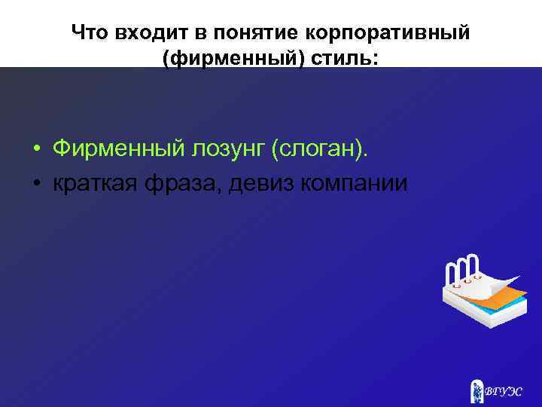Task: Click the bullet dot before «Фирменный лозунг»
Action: click(x=36, y=150)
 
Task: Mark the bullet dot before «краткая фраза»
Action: click(x=36, y=184)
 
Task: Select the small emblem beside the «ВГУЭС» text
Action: click(x=476, y=390)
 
